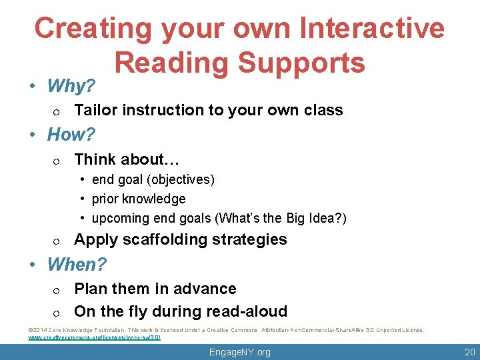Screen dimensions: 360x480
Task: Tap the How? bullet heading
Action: click(71, 135)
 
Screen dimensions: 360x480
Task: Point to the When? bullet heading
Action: click(77, 265)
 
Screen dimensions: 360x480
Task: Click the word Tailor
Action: click(94, 110)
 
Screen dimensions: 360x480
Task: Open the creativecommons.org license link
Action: click(94, 337)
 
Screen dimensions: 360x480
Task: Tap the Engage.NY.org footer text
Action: click(239, 352)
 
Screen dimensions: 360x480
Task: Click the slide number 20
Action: click(469, 352)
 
